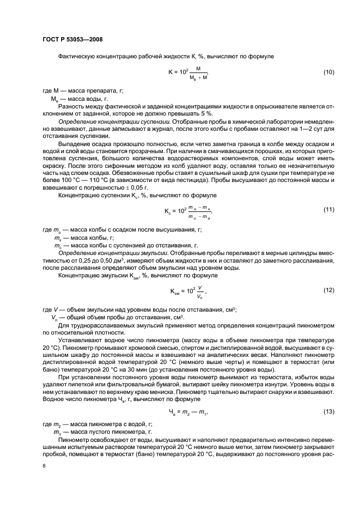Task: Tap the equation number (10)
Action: (328, 72)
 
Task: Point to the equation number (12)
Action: (328, 289)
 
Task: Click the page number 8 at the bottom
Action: (44, 466)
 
